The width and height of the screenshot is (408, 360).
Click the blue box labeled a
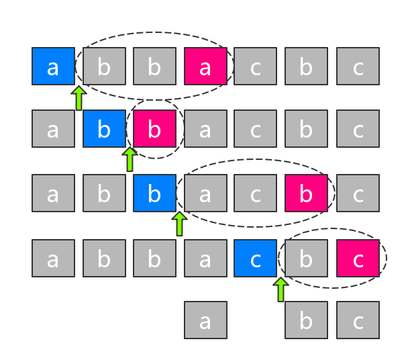pos(53,66)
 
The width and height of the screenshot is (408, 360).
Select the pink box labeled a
pos(205,66)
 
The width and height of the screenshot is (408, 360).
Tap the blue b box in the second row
pos(104,128)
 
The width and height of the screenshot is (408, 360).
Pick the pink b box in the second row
pos(154,128)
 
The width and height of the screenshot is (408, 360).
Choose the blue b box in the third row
pos(154,193)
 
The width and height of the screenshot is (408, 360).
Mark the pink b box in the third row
pos(306,193)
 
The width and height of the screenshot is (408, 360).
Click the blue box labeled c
pos(255,258)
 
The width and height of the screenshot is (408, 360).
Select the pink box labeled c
pos(358,258)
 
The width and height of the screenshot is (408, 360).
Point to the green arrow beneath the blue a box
pos(79,98)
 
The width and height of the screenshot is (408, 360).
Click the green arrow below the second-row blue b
pos(130,159)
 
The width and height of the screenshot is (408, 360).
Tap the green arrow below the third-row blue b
pos(179,224)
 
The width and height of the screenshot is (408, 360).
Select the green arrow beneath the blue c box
pos(280,289)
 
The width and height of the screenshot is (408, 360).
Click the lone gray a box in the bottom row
pos(205,320)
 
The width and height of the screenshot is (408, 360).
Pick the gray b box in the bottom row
pos(306,320)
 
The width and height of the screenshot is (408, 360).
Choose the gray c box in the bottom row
pos(358,320)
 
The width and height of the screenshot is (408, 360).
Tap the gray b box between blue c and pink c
pos(306,258)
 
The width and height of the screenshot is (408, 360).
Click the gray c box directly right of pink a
pos(255,66)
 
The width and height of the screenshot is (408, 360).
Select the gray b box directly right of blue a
pos(104,66)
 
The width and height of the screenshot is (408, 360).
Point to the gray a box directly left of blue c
pos(205,258)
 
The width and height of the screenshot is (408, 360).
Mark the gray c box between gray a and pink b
pos(255,193)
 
